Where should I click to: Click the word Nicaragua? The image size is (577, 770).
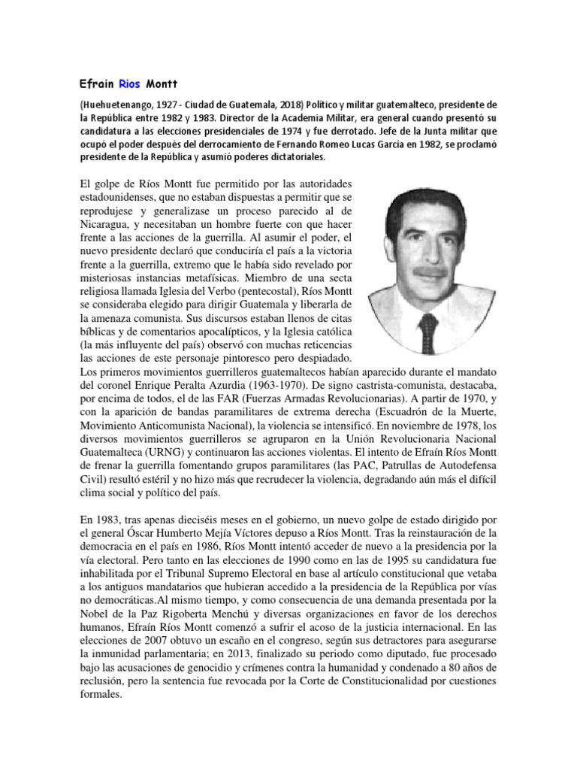[107, 223]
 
